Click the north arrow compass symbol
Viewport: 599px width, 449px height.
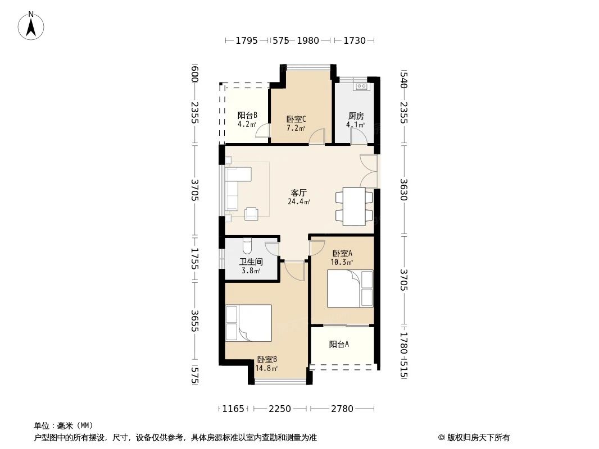click(31, 26)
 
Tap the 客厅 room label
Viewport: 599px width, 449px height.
click(298, 193)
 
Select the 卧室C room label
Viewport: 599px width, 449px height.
click(296, 120)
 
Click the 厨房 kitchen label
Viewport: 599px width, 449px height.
click(356, 116)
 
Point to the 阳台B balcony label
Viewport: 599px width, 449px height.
click(247, 115)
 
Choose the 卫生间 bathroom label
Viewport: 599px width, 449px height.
click(251, 262)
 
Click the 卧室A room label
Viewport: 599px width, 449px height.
click(342, 253)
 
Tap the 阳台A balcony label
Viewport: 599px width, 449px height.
click(339, 345)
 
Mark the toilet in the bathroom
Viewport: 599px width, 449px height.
click(247, 246)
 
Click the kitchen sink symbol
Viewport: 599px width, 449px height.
click(361, 86)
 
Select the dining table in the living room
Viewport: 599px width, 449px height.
click(354, 207)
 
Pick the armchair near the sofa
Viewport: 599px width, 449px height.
click(251, 213)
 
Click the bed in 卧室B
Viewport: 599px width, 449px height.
click(248, 323)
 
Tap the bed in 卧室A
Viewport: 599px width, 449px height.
click(350, 288)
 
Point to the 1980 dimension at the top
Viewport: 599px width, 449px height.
click(307, 40)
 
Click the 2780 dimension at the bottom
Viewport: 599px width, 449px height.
click(342, 409)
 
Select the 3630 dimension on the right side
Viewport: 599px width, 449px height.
click(404, 190)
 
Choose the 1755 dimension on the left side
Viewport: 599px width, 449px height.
click(195, 259)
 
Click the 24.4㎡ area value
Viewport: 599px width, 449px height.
click(299, 202)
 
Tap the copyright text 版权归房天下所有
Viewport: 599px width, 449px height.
click(478, 438)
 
